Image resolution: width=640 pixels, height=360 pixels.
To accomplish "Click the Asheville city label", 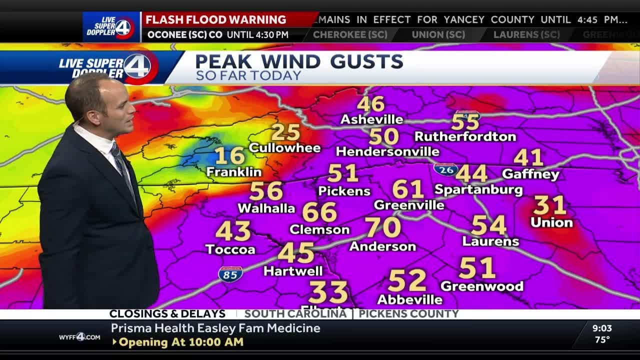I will pos(371,119).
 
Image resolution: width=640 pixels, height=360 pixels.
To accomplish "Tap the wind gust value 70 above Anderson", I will pos(383,227).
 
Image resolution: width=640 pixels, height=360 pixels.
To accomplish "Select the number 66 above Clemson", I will pos(319,212).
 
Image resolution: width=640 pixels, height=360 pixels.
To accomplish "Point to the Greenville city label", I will pos(409,205).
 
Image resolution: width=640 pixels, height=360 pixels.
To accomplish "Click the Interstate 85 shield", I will pos(230,274).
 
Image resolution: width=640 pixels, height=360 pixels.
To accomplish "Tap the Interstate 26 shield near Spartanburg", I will pos(445,169).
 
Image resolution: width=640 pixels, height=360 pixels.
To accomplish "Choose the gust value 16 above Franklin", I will pos(230,156).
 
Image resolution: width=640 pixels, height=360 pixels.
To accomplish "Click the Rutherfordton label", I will pos(465,136).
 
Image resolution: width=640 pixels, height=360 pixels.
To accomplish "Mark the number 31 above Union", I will pos(549,205).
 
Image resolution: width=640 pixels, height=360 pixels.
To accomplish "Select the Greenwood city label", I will pos(481,286).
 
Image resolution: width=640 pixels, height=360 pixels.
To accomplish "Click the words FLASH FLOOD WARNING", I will pos(215,20).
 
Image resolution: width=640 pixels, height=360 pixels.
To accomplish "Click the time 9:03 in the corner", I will pos(602,328).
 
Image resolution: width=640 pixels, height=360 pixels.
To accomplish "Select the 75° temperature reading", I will pos(602,340).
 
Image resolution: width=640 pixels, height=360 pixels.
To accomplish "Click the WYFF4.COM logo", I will pos(79,336).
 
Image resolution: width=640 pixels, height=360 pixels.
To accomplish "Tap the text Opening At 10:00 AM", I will pos(181,342).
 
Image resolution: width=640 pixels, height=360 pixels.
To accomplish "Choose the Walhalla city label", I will pos(266,208).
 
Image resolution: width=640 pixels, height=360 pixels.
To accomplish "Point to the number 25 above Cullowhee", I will pos(285,132).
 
